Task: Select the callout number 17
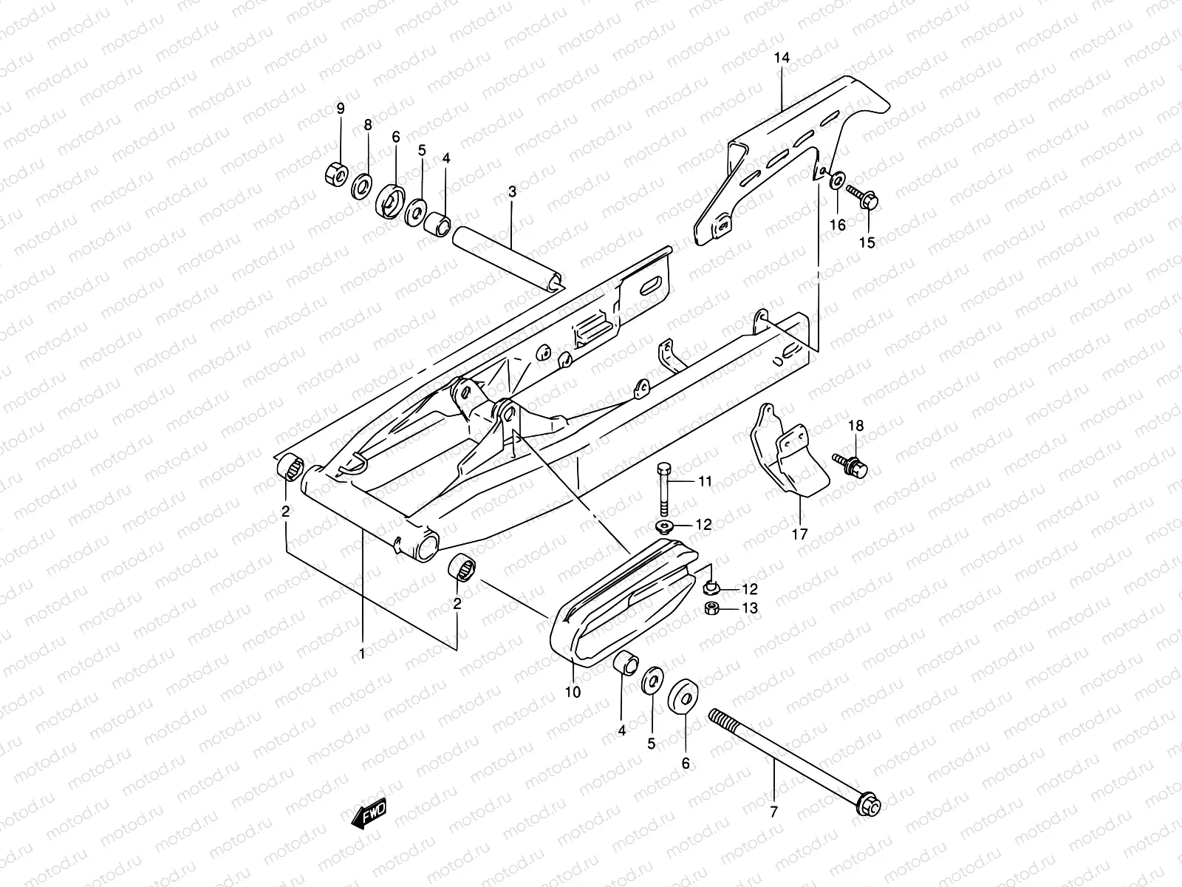(x=800, y=534)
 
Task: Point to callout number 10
(x=573, y=692)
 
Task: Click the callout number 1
(x=362, y=653)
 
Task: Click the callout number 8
(x=368, y=126)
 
